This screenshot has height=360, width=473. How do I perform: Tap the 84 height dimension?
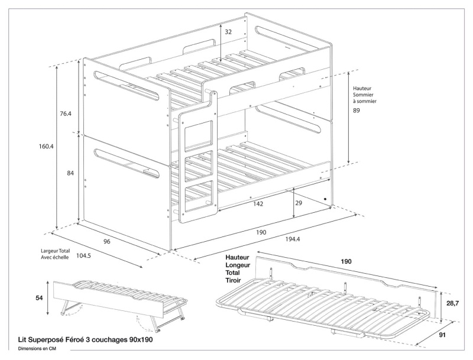pyautogui.click(x=70, y=173)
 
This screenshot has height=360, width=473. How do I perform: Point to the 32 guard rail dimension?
pyautogui.click(x=229, y=32)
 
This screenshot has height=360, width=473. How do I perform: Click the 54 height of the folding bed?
pyautogui.click(x=39, y=299)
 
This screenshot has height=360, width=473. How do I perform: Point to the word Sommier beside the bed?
pyautogui.click(x=364, y=95)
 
